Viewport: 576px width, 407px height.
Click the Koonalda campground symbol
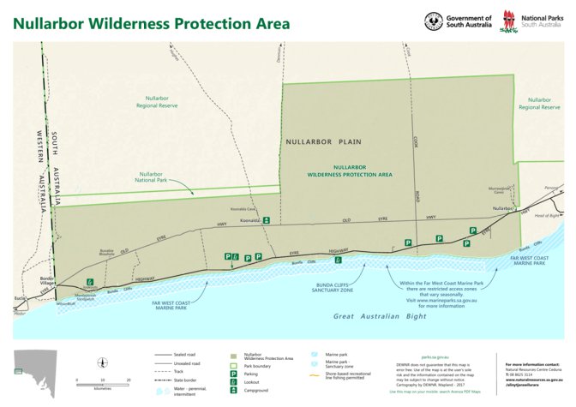tap(267, 220)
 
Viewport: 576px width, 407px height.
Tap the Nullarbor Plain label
tap(323, 142)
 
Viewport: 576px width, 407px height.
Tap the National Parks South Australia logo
tap(513, 20)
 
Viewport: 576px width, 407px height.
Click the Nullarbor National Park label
tap(156, 177)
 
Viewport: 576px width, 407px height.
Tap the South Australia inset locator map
tap(34, 371)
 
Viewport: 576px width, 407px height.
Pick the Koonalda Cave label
tap(244, 208)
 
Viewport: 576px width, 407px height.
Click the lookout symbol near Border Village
tap(89, 280)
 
